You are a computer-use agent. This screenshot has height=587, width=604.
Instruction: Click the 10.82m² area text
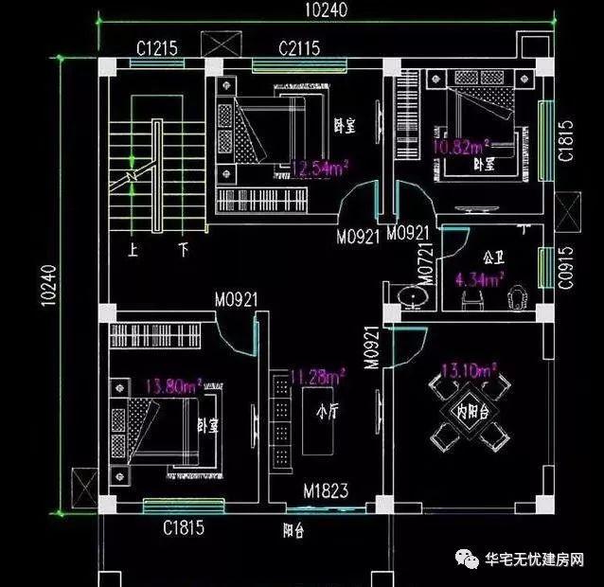click(460, 147)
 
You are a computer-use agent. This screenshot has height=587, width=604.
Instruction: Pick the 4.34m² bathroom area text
click(478, 278)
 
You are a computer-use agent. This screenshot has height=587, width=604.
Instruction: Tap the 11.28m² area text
click(317, 376)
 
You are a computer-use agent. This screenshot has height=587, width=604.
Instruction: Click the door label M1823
click(326, 491)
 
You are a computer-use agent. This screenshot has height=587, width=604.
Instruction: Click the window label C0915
click(565, 266)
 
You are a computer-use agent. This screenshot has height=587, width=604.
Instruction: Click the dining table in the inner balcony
click(471, 410)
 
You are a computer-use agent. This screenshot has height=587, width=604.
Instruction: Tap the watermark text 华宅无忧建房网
click(532, 560)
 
